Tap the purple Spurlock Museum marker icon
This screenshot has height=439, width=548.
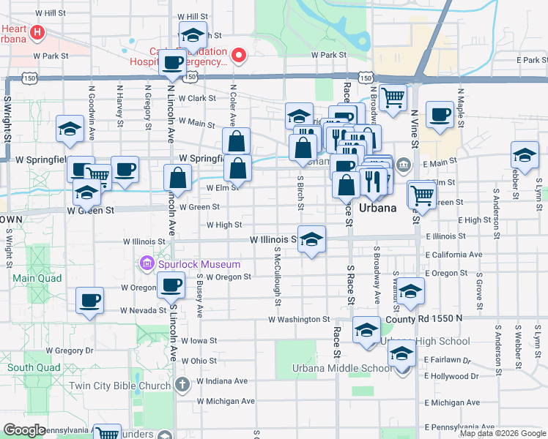pos(147,263)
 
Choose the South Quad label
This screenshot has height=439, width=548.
pos(29,367)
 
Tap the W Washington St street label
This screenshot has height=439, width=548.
pos(298,320)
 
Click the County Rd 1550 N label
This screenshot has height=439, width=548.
pos(424,319)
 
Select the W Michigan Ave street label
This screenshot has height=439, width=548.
pos(226,401)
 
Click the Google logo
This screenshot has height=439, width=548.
pos(25,430)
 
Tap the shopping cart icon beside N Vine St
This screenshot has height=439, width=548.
pos(393,96)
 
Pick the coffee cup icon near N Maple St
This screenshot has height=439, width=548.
pos(440,114)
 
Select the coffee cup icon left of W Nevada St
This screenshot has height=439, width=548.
pos(90,299)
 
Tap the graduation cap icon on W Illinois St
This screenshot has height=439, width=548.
pos(312,239)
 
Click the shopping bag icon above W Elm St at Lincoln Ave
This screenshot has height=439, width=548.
pos(178,177)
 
